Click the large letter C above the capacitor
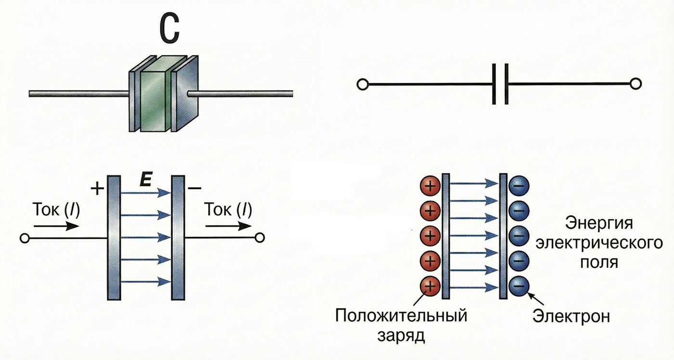169,30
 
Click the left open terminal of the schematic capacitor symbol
362,85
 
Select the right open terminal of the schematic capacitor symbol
636,84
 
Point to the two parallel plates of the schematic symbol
500,85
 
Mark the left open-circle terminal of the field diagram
25,238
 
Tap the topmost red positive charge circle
430,185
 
